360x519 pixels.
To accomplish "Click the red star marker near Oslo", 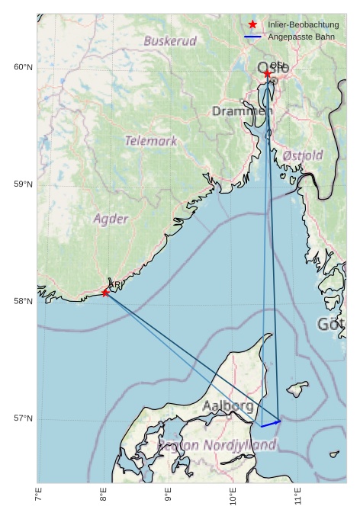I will (267, 74).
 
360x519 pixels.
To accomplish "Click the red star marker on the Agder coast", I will (105, 293).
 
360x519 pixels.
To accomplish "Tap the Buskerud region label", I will (170, 41).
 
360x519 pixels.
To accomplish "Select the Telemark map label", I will (151, 141).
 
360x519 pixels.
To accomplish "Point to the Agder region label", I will (111, 219).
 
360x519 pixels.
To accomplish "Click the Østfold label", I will (302, 155).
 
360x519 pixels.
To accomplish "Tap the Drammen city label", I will (242, 111).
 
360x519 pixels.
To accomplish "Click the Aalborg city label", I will (228, 406).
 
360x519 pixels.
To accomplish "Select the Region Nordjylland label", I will (217, 445).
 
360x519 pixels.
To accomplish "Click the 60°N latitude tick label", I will (23, 68).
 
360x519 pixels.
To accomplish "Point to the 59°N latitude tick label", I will (23, 184).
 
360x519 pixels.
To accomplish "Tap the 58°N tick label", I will (23, 302).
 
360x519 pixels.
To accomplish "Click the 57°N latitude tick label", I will (23, 419).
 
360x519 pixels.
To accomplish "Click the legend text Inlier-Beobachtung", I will (303, 25).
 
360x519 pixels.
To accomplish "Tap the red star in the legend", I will (252, 25).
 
